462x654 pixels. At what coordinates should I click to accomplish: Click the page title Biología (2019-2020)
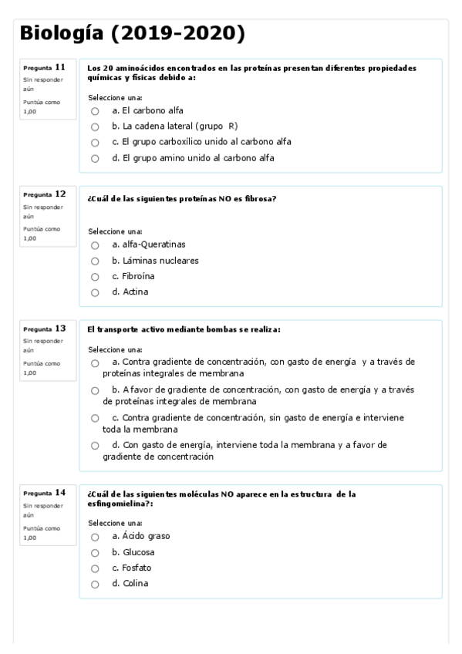point(132,33)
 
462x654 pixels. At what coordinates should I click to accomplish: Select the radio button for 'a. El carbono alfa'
point(95,111)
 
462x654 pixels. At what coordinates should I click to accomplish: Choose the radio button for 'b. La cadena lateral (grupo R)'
point(95,127)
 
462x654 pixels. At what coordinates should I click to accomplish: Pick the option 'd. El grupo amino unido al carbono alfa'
point(95,159)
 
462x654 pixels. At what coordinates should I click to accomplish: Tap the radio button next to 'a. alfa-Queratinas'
point(95,245)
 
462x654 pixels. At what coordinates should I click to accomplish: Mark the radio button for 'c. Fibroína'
point(95,277)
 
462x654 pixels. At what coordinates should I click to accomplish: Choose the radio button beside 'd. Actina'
point(95,292)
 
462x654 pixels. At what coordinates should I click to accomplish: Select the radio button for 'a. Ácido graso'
point(95,537)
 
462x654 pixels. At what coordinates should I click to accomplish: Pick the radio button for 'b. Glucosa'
point(95,553)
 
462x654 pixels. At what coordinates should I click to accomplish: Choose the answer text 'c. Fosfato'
point(131,568)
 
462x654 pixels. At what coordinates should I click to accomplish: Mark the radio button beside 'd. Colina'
point(95,584)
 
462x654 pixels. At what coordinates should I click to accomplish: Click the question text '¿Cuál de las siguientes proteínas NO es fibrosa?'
point(182,198)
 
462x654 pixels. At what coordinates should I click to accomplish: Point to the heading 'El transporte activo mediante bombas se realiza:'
point(184,329)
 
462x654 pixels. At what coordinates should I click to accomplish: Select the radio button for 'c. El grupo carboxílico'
point(95,143)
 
